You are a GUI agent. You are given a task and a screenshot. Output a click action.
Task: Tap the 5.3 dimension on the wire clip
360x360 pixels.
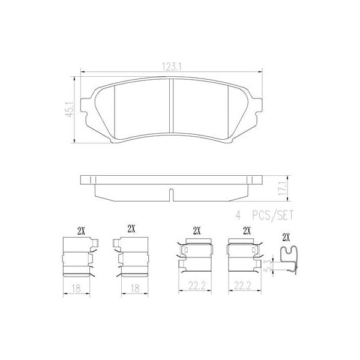[269, 264]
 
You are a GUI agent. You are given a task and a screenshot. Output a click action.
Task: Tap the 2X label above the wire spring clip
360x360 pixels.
[286, 236]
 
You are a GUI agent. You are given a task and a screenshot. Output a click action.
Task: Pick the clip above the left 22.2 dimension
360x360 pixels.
[196, 257]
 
